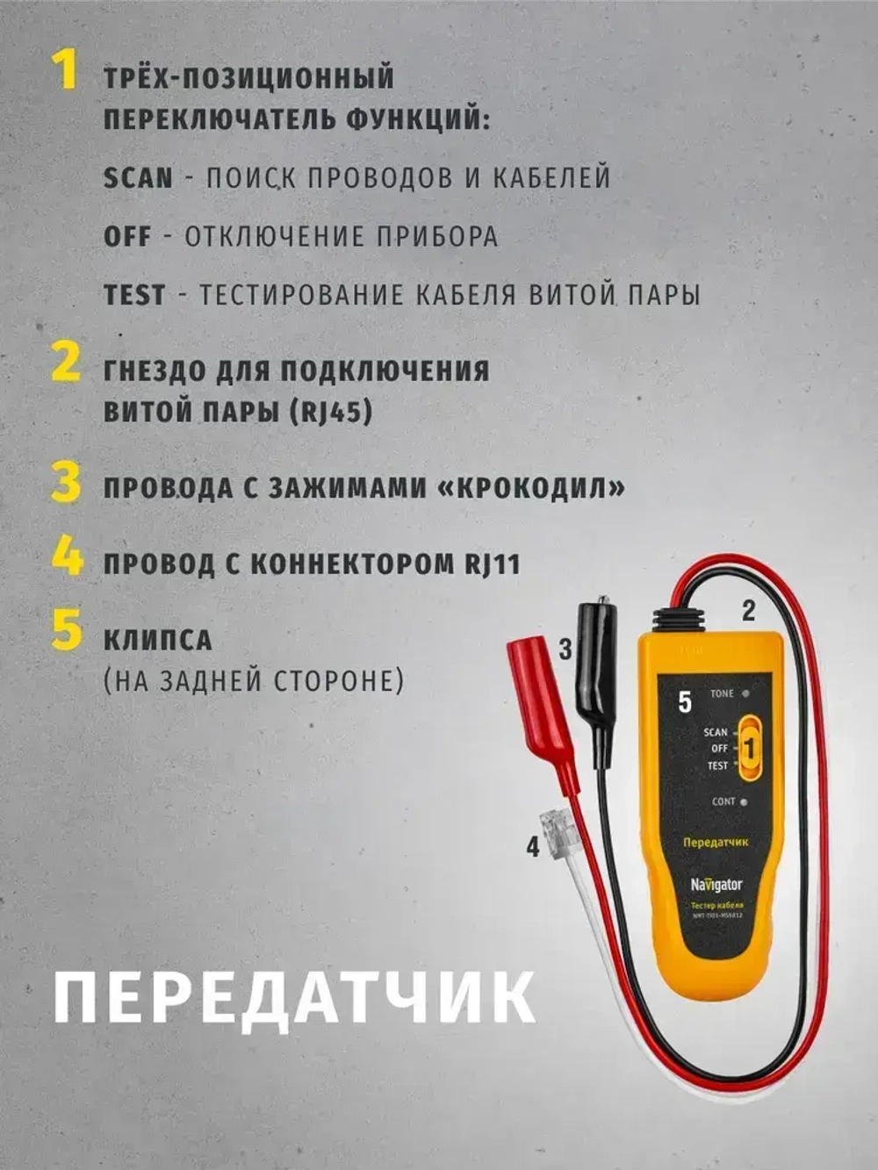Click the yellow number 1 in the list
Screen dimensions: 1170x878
pos(65,70)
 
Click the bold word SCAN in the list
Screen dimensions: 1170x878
pos(138,178)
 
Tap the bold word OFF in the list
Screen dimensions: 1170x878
pos(127,237)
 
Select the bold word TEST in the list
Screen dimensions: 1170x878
pos(134,296)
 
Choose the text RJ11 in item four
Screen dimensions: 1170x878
pos(492,563)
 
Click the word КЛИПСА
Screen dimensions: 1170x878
pos(158,640)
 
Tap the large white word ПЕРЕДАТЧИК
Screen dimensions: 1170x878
pos(294,997)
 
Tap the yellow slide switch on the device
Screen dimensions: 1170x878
pos(749,749)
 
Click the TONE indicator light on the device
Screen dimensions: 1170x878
pos(745,693)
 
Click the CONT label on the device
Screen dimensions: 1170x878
pos(724,801)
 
